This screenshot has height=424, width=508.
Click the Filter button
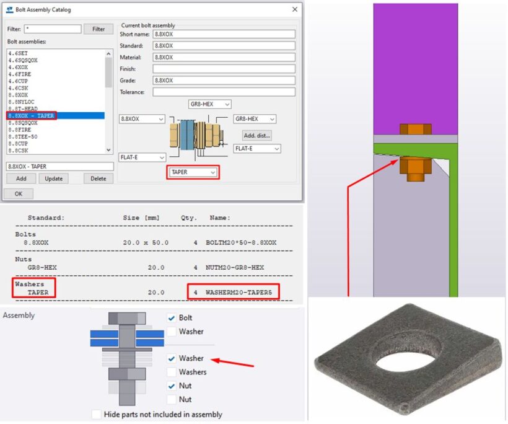(99, 29)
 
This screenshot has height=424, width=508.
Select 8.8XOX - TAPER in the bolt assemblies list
(32, 116)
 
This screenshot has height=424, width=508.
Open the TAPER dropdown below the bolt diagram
(192, 172)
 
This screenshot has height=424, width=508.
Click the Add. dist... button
(256, 135)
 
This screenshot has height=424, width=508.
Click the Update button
(53, 179)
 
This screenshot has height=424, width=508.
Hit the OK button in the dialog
(19, 193)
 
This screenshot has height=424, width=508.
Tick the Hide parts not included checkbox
(96, 414)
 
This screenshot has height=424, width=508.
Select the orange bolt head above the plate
(411, 130)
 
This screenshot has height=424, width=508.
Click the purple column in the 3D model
(415, 62)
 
